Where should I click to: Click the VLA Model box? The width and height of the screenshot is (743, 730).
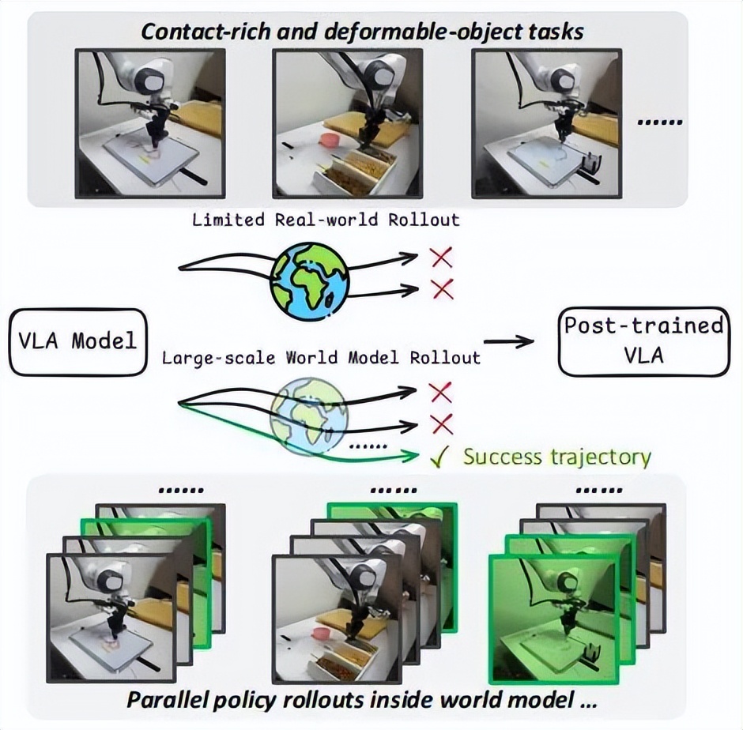pyautogui.click(x=78, y=341)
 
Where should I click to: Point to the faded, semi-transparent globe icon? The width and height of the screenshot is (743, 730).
pyautogui.click(x=309, y=416)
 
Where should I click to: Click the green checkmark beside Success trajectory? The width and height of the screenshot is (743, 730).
pyautogui.click(x=443, y=457)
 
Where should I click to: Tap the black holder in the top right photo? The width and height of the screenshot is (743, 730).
pyautogui.click(x=589, y=164)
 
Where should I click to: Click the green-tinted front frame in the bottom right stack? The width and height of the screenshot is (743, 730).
pyautogui.click(x=553, y=616)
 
